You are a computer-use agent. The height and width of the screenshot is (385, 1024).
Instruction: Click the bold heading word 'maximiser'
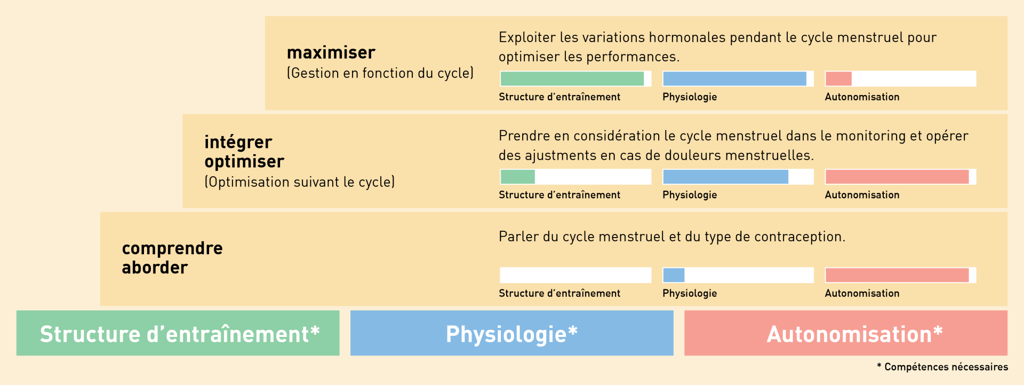tap(331, 52)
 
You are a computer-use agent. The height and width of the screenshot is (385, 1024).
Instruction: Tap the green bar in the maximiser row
tap(572, 78)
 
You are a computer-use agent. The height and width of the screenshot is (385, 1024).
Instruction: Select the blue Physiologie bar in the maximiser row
tap(734, 78)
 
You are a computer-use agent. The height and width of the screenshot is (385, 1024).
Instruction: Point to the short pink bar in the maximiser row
tap(838, 78)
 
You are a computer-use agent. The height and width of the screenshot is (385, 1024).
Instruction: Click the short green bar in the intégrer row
tap(518, 177)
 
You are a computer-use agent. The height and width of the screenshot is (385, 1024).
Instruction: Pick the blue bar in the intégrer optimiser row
tap(725, 177)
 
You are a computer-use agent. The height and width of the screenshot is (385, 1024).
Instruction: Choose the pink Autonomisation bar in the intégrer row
tap(897, 177)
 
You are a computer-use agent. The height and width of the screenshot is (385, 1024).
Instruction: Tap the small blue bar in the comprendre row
tap(674, 275)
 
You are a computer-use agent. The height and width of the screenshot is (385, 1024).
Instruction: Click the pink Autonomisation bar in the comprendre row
tap(897, 275)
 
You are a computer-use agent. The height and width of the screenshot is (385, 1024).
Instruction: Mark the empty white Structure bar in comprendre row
tap(575, 275)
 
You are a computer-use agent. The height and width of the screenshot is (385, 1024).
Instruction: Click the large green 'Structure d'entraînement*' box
tap(178, 333)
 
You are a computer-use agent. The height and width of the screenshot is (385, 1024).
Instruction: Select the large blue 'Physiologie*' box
tap(512, 333)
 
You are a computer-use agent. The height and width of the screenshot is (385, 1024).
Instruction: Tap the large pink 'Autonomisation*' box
tap(846, 333)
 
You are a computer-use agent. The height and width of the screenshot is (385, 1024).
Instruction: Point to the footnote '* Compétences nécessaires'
tap(942, 367)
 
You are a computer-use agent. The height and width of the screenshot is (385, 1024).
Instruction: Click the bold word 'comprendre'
tap(172, 248)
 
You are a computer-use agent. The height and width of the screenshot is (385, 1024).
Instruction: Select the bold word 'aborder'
tap(155, 267)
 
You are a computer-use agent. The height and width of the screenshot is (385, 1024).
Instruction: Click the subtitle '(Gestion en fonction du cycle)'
tap(380, 73)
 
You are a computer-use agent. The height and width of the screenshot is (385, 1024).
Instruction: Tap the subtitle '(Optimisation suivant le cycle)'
tap(300, 182)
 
